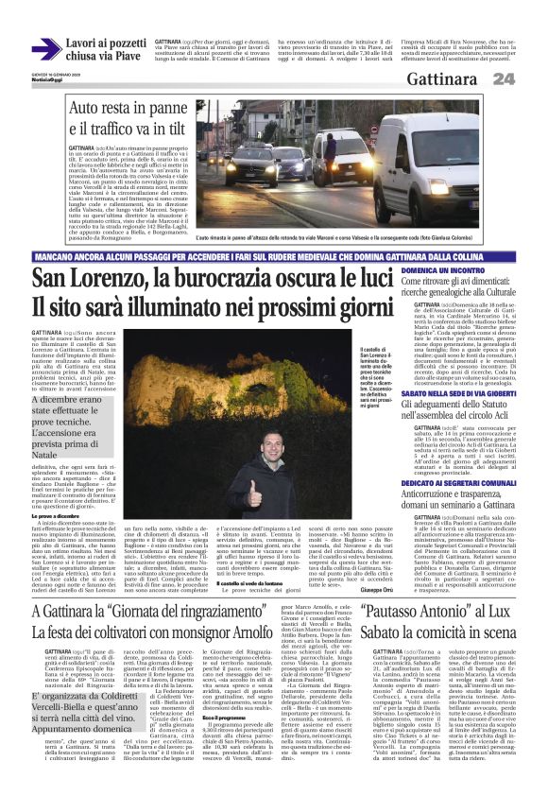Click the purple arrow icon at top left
46,48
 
